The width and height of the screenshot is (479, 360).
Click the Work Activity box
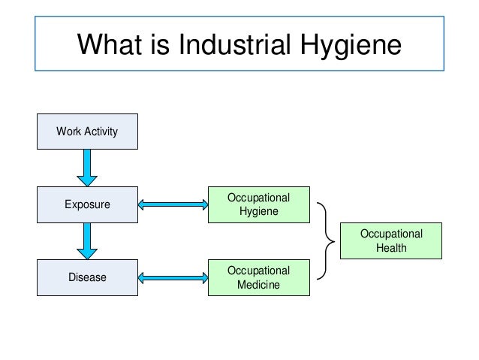(87, 132)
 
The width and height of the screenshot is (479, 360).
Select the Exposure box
(87, 204)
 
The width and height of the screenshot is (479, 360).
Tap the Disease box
(87, 277)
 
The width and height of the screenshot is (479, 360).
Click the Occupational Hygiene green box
(258, 204)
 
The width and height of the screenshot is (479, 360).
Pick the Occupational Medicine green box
(258, 277)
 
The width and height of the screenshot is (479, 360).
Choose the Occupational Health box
(391, 241)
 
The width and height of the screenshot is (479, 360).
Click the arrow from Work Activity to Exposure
(87, 168)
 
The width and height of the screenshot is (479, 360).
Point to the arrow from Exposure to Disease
(87, 241)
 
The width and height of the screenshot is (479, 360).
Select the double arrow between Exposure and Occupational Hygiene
(173, 204)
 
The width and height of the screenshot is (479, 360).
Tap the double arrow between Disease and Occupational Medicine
(173, 277)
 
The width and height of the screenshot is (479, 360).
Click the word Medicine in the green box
(258, 285)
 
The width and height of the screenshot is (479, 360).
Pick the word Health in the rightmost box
(391, 248)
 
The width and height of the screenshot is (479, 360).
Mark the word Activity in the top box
(100, 132)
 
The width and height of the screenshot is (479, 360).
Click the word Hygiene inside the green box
(258, 211)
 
